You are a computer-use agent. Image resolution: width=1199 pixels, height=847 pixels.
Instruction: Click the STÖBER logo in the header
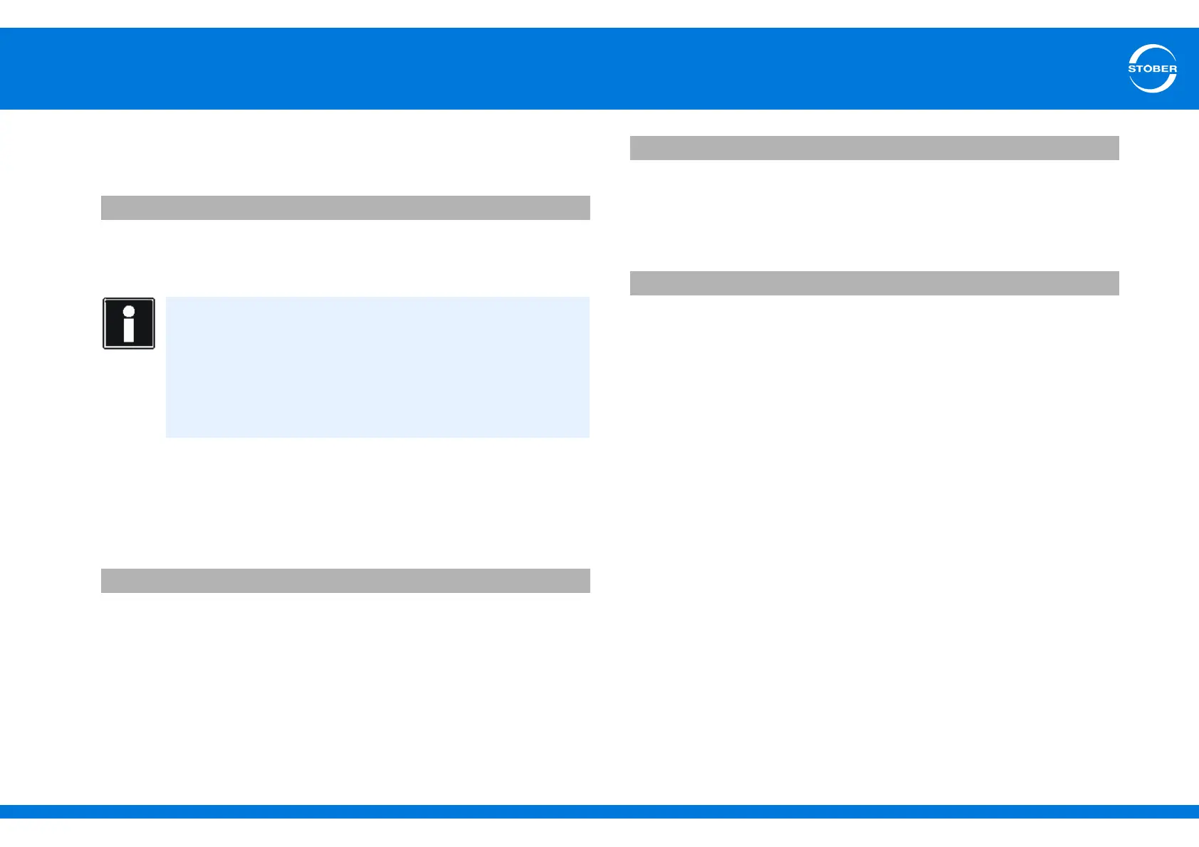(x=1152, y=68)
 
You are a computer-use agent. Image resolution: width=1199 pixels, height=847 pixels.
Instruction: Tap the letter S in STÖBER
(x=1132, y=69)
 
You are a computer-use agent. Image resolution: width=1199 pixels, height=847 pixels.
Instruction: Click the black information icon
(x=129, y=323)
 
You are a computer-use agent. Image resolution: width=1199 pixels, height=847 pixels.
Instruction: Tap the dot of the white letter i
(x=129, y=311)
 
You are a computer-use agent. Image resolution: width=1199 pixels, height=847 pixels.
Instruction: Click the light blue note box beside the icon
(x=377, y=367)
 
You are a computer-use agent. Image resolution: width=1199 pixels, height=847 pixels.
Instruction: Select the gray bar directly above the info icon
(x=345, y=208)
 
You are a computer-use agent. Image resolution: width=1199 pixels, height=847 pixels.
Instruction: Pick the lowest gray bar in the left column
(x=345, y=581)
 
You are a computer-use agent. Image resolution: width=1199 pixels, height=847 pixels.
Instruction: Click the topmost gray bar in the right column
(x=874, y=148)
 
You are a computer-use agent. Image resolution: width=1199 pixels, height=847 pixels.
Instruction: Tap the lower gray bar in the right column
(x=874, y=283)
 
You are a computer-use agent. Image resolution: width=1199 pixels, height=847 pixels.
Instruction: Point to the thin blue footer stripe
(x=599, y=811)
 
